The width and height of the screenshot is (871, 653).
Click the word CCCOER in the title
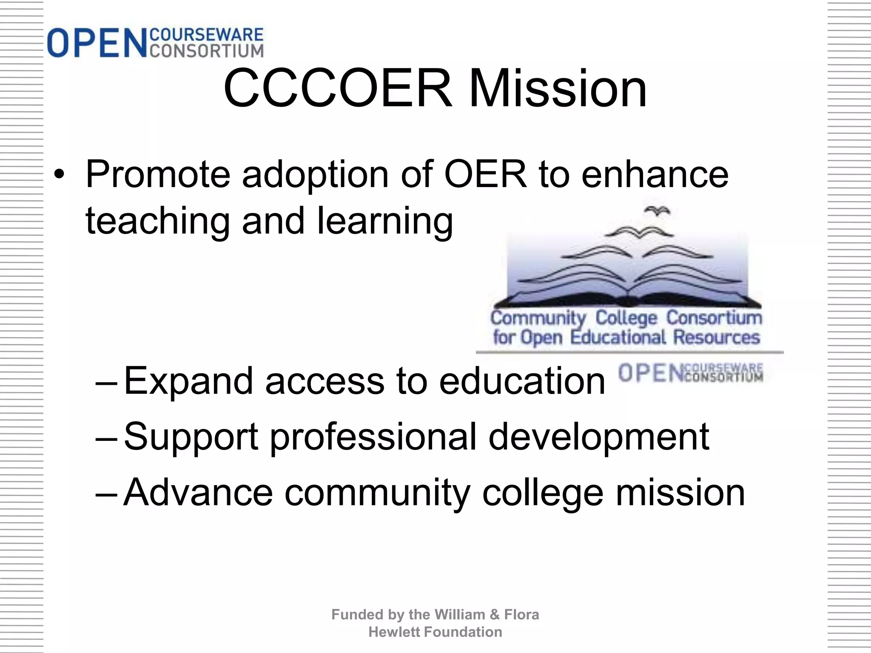pos(338,89)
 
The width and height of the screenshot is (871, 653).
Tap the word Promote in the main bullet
pos(158,175)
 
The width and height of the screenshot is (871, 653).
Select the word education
pos(522,381)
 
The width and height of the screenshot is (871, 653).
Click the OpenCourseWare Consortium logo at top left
pos(155,43)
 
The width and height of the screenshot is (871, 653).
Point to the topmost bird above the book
pos(658,211)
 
